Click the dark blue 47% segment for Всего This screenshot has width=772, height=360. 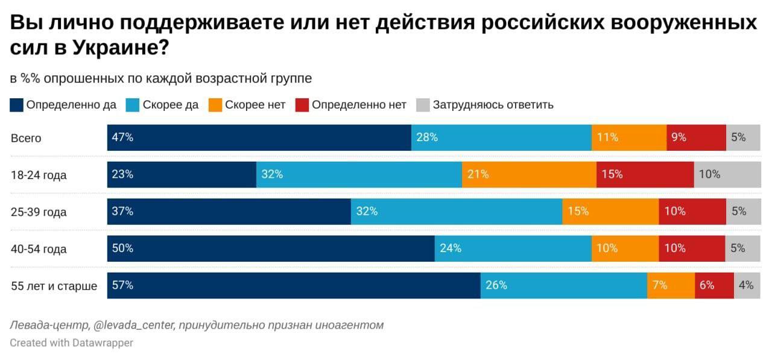[x=259, y=137]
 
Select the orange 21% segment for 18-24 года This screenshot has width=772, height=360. [x=529, y=175]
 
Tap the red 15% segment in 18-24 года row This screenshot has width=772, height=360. [x=645, y=175]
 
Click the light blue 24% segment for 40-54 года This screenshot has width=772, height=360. [x=513, y=248]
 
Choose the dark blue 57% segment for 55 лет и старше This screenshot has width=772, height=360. [x=294, y=285]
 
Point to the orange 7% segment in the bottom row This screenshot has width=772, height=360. [x=671, y=285]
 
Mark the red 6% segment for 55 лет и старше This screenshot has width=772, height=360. [x=714, y=285]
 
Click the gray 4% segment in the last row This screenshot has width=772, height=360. [x=745, y=285]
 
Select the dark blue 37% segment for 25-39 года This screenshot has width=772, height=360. [x=229, y=212]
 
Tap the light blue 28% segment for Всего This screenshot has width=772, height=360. [x=501, y=137]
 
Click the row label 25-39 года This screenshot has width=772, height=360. [x=39, y=212]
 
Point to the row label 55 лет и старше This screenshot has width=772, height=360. [x=54, y=286]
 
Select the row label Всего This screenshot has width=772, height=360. [x=26, y=138]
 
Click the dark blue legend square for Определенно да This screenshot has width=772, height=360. [x=17, y=105]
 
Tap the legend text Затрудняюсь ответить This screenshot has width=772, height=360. [x=493, y=105]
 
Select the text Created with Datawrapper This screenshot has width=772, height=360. [x=71, y=343]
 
